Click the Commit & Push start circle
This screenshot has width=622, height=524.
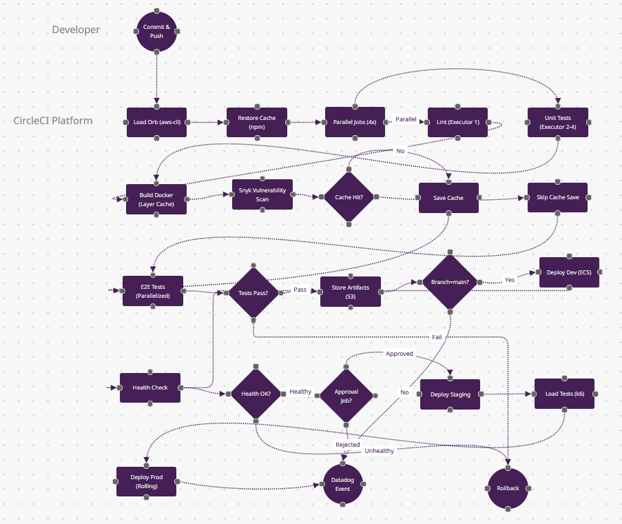coord(157,31)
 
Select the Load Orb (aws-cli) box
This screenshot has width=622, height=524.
coord(156,122)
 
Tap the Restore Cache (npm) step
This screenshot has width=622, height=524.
coord(256,122)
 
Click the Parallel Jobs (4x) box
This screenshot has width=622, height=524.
coord(355,122)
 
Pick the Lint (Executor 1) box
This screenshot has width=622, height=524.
coord(457,122)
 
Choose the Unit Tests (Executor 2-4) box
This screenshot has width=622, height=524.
coord(559,122)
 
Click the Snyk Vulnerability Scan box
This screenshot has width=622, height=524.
coord(262,194)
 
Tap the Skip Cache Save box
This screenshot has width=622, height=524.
coord(557,197)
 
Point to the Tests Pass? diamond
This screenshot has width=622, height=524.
coord(253,292)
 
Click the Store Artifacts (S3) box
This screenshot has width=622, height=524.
coord(351,292)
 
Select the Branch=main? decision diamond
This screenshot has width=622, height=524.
coord(450,282)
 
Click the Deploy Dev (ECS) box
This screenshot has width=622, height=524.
coord(570,272)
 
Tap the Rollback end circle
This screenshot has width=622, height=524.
coord(508,488)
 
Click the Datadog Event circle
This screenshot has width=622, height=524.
coord(342,484)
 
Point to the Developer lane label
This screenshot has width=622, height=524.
coord(76,30)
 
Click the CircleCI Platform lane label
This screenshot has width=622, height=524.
coord(53,121)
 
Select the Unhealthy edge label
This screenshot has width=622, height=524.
coord(379,451)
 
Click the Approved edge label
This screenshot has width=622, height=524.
coord(400,354)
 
